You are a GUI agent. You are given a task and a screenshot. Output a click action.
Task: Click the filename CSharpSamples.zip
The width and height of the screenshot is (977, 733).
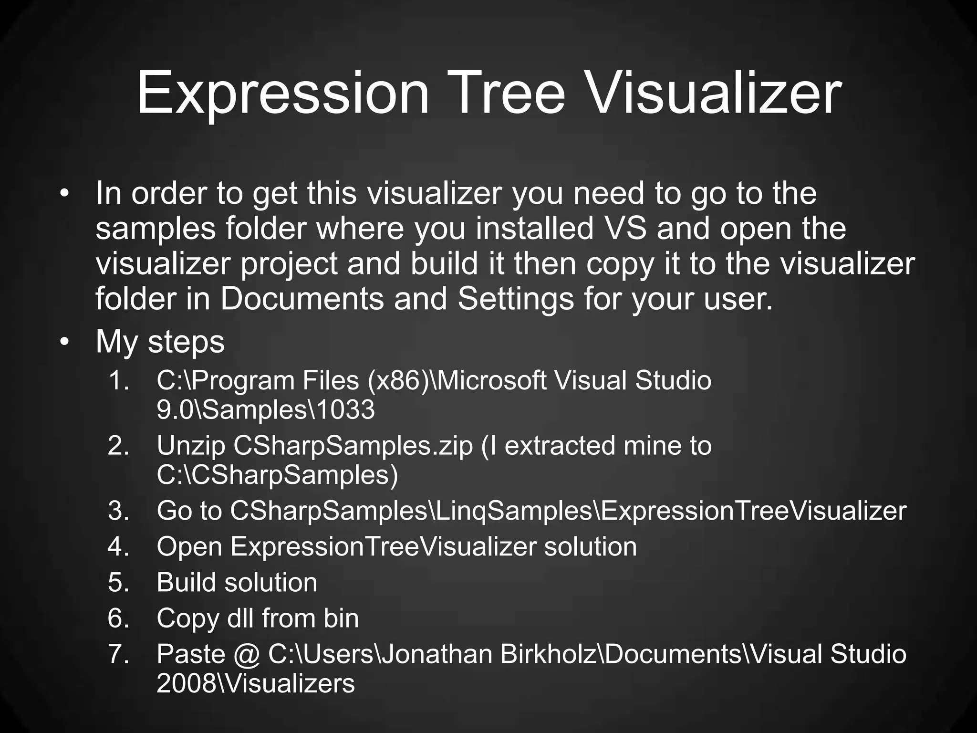[x=353, y=446]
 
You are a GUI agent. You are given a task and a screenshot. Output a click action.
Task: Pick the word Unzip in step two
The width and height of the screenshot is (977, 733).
[x=191, y=446]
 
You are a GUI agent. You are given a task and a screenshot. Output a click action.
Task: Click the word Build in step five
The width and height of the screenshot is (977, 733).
[x=186, y=582]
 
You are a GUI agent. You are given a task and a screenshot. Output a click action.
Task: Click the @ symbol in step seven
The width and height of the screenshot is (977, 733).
[x=247, y=654]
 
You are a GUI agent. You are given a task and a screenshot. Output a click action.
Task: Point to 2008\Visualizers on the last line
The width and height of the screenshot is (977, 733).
[x=256, y=683]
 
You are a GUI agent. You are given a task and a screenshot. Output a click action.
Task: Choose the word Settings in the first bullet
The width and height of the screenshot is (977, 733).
[x=515, y=299]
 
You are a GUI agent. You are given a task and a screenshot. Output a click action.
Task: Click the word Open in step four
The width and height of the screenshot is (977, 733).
[x=189, y=546]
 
